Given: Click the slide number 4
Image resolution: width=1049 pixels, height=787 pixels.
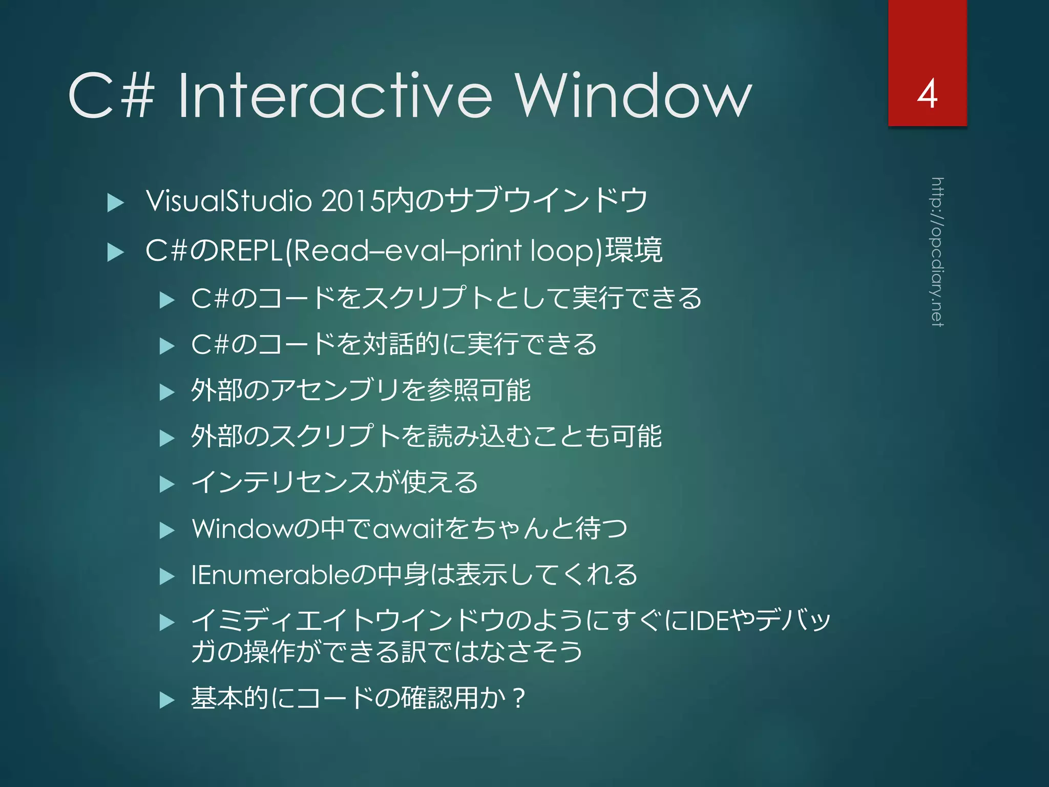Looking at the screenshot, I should click(x=927, y=94).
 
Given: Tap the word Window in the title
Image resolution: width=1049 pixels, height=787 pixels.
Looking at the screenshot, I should click(x=633, y=96).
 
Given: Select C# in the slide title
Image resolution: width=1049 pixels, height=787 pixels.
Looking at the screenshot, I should click(x=111, y=96).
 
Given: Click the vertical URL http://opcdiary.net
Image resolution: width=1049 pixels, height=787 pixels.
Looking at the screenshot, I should click(x=937, y=252).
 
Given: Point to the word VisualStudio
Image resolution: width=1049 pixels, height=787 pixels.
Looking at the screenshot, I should click(x=228, y=200).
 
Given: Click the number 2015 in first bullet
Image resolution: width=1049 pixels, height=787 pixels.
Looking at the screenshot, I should click(x=352, y=200).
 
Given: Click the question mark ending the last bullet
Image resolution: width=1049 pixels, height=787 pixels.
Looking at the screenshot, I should click(x=518, y=698).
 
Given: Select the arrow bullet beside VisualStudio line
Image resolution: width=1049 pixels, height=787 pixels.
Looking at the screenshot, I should click(x=116, y=203).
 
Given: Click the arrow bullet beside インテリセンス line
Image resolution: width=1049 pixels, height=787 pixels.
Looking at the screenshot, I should click(x=167, y=484).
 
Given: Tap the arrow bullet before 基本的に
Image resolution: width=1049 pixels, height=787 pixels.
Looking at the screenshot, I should click(x=167, y=700).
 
